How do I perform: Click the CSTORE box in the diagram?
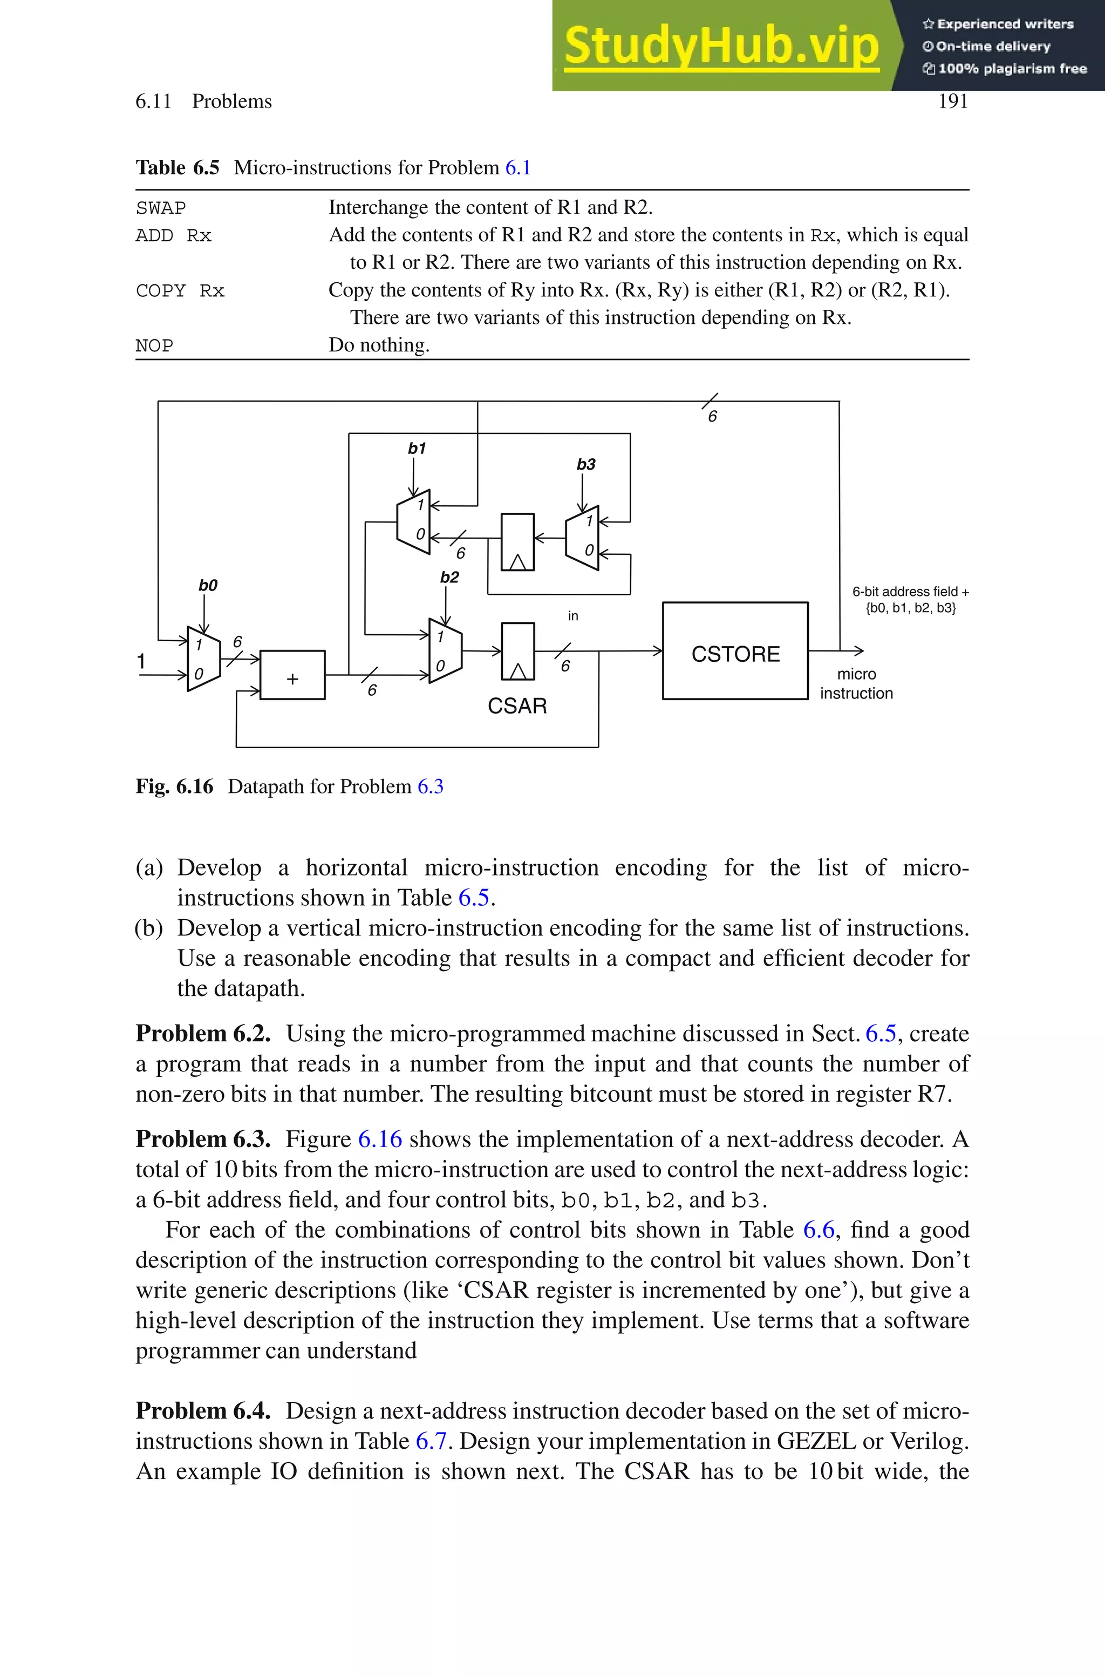tap(735, 650)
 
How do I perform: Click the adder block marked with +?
tap(292, 675)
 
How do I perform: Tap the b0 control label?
tap(208, 585)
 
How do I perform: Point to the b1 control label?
tap(417, 448)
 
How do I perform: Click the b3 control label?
tap(585, 464)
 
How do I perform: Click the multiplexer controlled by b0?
tap(203, 659)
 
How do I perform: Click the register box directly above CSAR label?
tap(517, 651)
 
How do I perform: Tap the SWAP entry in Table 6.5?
tap(161, 208)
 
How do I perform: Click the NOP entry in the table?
tap(154, 345)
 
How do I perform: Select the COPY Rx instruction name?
tap(180, 290)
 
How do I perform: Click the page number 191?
tap(953, 101)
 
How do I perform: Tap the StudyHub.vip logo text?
tap(721, 45)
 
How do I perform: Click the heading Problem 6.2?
tap(203, 1033)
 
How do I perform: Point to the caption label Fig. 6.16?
tap(174, 786)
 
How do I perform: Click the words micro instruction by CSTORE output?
tap(856, 684)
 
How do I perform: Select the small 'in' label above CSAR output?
tap(573, 616)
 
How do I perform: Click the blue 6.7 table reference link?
tap(431, 1441)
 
